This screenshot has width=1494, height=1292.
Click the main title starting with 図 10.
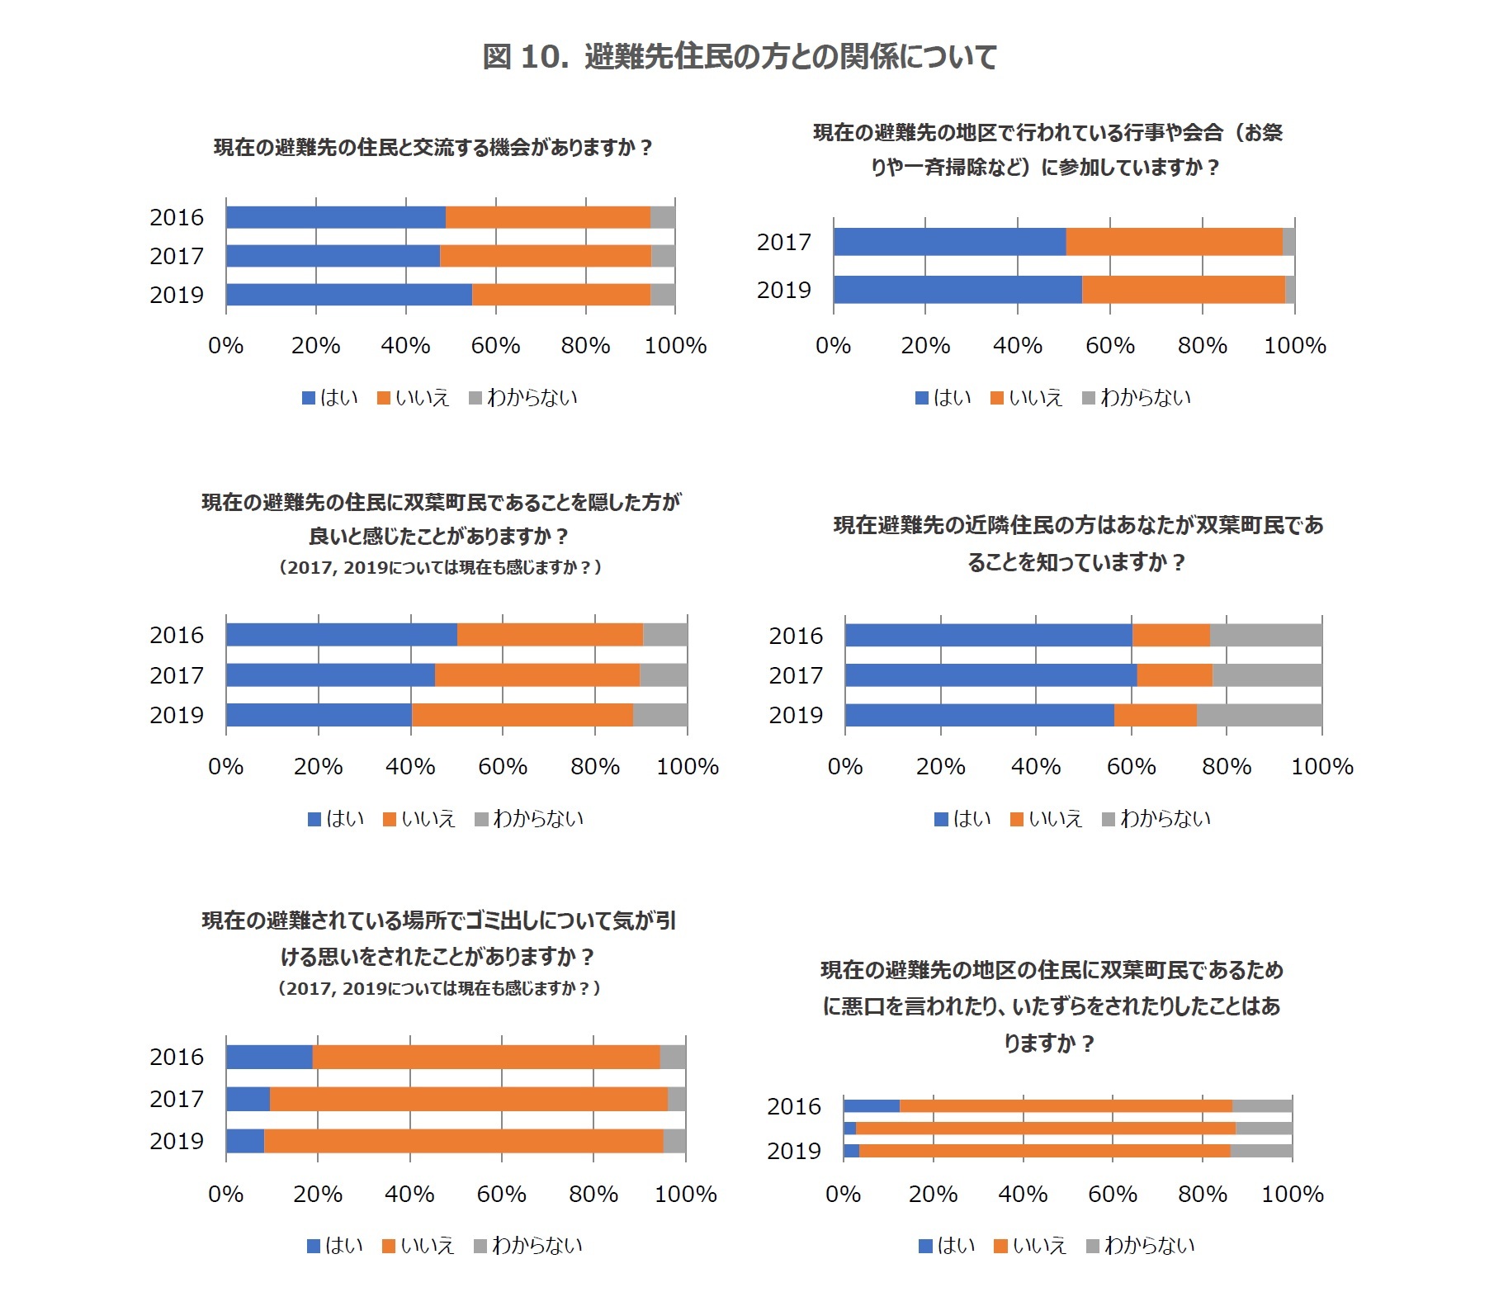click(x=740, y=57)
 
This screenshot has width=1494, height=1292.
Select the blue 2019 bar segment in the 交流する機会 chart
click(x=348, y=295)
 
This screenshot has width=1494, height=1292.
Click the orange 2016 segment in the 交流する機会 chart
click(x=547, y=217)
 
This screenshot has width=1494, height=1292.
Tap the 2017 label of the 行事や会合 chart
click(x=783, y=243)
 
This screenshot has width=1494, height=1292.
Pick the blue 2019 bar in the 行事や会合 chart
click(x=957, y=290)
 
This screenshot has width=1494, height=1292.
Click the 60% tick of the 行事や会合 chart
click(x=1109, y=346)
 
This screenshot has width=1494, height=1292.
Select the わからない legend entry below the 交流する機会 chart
click(x=523, y=398)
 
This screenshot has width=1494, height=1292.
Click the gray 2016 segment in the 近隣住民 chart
click(x=1265, y=636)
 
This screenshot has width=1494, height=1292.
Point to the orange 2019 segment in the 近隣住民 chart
click(x=1155, y=715)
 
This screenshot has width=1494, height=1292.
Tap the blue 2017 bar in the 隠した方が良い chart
click(x=330, y=675)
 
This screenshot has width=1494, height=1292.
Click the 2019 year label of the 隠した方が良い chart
click(x=176, y=715)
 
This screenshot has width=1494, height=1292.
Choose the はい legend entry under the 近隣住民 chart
click(x=962, y=819)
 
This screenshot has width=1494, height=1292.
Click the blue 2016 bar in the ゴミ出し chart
click(x=269, y=1057)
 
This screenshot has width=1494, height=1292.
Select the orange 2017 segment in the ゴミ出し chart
click(x=468, y=1099)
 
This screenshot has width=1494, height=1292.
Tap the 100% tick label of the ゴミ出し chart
click(x=685, y=1195)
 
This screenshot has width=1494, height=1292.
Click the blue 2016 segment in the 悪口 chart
click(x=872, y=1106)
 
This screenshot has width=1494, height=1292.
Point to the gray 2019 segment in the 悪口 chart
click(x=1260, y=1151)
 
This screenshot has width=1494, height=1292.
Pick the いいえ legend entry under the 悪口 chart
click(x=1030, y=1246)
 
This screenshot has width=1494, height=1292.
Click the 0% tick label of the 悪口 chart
click(x=843, y=1195)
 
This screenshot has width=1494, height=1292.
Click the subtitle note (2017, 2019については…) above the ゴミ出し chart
click(x=439, y=988)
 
